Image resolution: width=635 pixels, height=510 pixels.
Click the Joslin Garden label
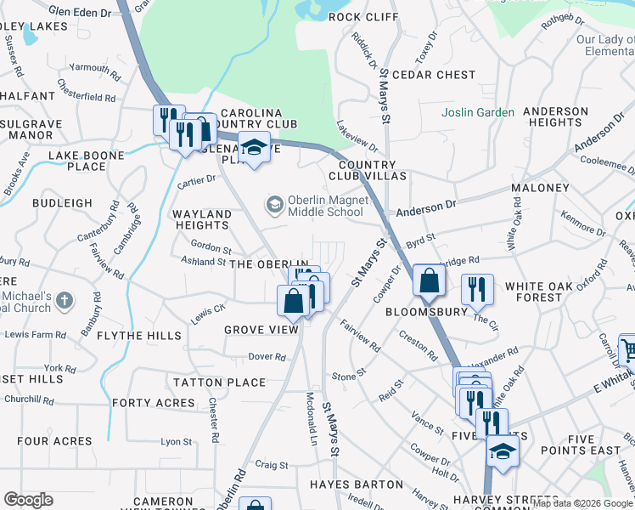pyautogui.click(x=478, y=112)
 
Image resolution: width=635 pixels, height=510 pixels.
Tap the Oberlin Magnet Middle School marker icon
pyautogui.click(x=274, y=204)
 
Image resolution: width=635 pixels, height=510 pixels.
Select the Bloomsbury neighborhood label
pyautogui.click(x=427, y=312)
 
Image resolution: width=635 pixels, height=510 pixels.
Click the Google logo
pyautogui.click(x=28, y=500)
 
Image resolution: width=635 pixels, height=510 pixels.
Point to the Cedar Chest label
pyautogui.click(x=434, y=75)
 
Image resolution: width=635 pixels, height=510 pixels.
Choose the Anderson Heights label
pyautogui.click(x=556, y=116)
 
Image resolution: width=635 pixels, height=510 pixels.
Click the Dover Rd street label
pyautogui.click(x=267, y=357)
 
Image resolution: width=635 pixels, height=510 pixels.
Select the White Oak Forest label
pyautogui.click(x=545, y=292)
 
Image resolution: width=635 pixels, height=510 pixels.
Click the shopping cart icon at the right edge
pyautogui.click(x=628, y=348)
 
